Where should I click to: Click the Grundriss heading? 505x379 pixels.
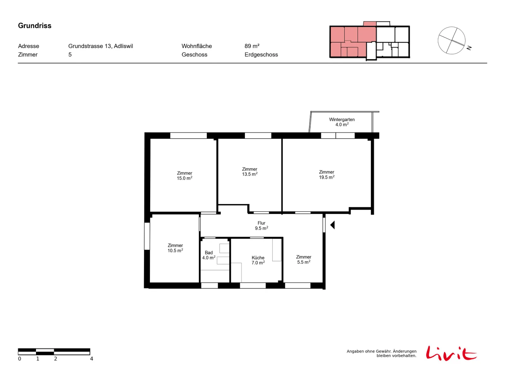pos(34,26)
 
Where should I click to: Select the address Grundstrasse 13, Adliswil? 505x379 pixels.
pos(100,46)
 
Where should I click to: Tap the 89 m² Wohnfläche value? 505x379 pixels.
pos(252,46)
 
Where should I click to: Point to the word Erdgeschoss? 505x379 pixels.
pos(261,55)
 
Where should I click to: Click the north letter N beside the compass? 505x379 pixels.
pos(469,48)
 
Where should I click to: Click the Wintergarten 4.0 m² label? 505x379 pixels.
pos(342,122)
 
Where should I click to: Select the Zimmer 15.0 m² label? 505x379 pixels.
pos(184,175)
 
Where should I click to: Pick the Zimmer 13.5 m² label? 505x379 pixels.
pos(249,171)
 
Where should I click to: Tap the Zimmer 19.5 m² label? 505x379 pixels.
pos(326,174)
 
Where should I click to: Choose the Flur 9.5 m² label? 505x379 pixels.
pos(261,225)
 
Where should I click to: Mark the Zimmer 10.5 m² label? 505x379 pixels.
pos(175,248)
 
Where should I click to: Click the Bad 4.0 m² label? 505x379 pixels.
pos(208,255)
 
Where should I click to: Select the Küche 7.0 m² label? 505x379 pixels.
pos(258,260)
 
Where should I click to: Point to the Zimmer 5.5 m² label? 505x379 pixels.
pos(303,259)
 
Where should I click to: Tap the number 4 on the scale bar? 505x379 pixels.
pos(91,358)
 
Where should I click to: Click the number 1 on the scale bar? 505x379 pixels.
pos(38,358)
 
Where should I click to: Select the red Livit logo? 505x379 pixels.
pos(451,353)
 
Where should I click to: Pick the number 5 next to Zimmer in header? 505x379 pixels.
pos(70,55)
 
